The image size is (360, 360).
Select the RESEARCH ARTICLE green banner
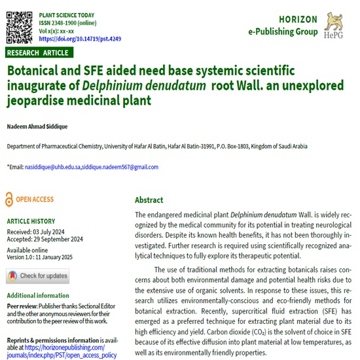[39, 52]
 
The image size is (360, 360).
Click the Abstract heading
[149, 200]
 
